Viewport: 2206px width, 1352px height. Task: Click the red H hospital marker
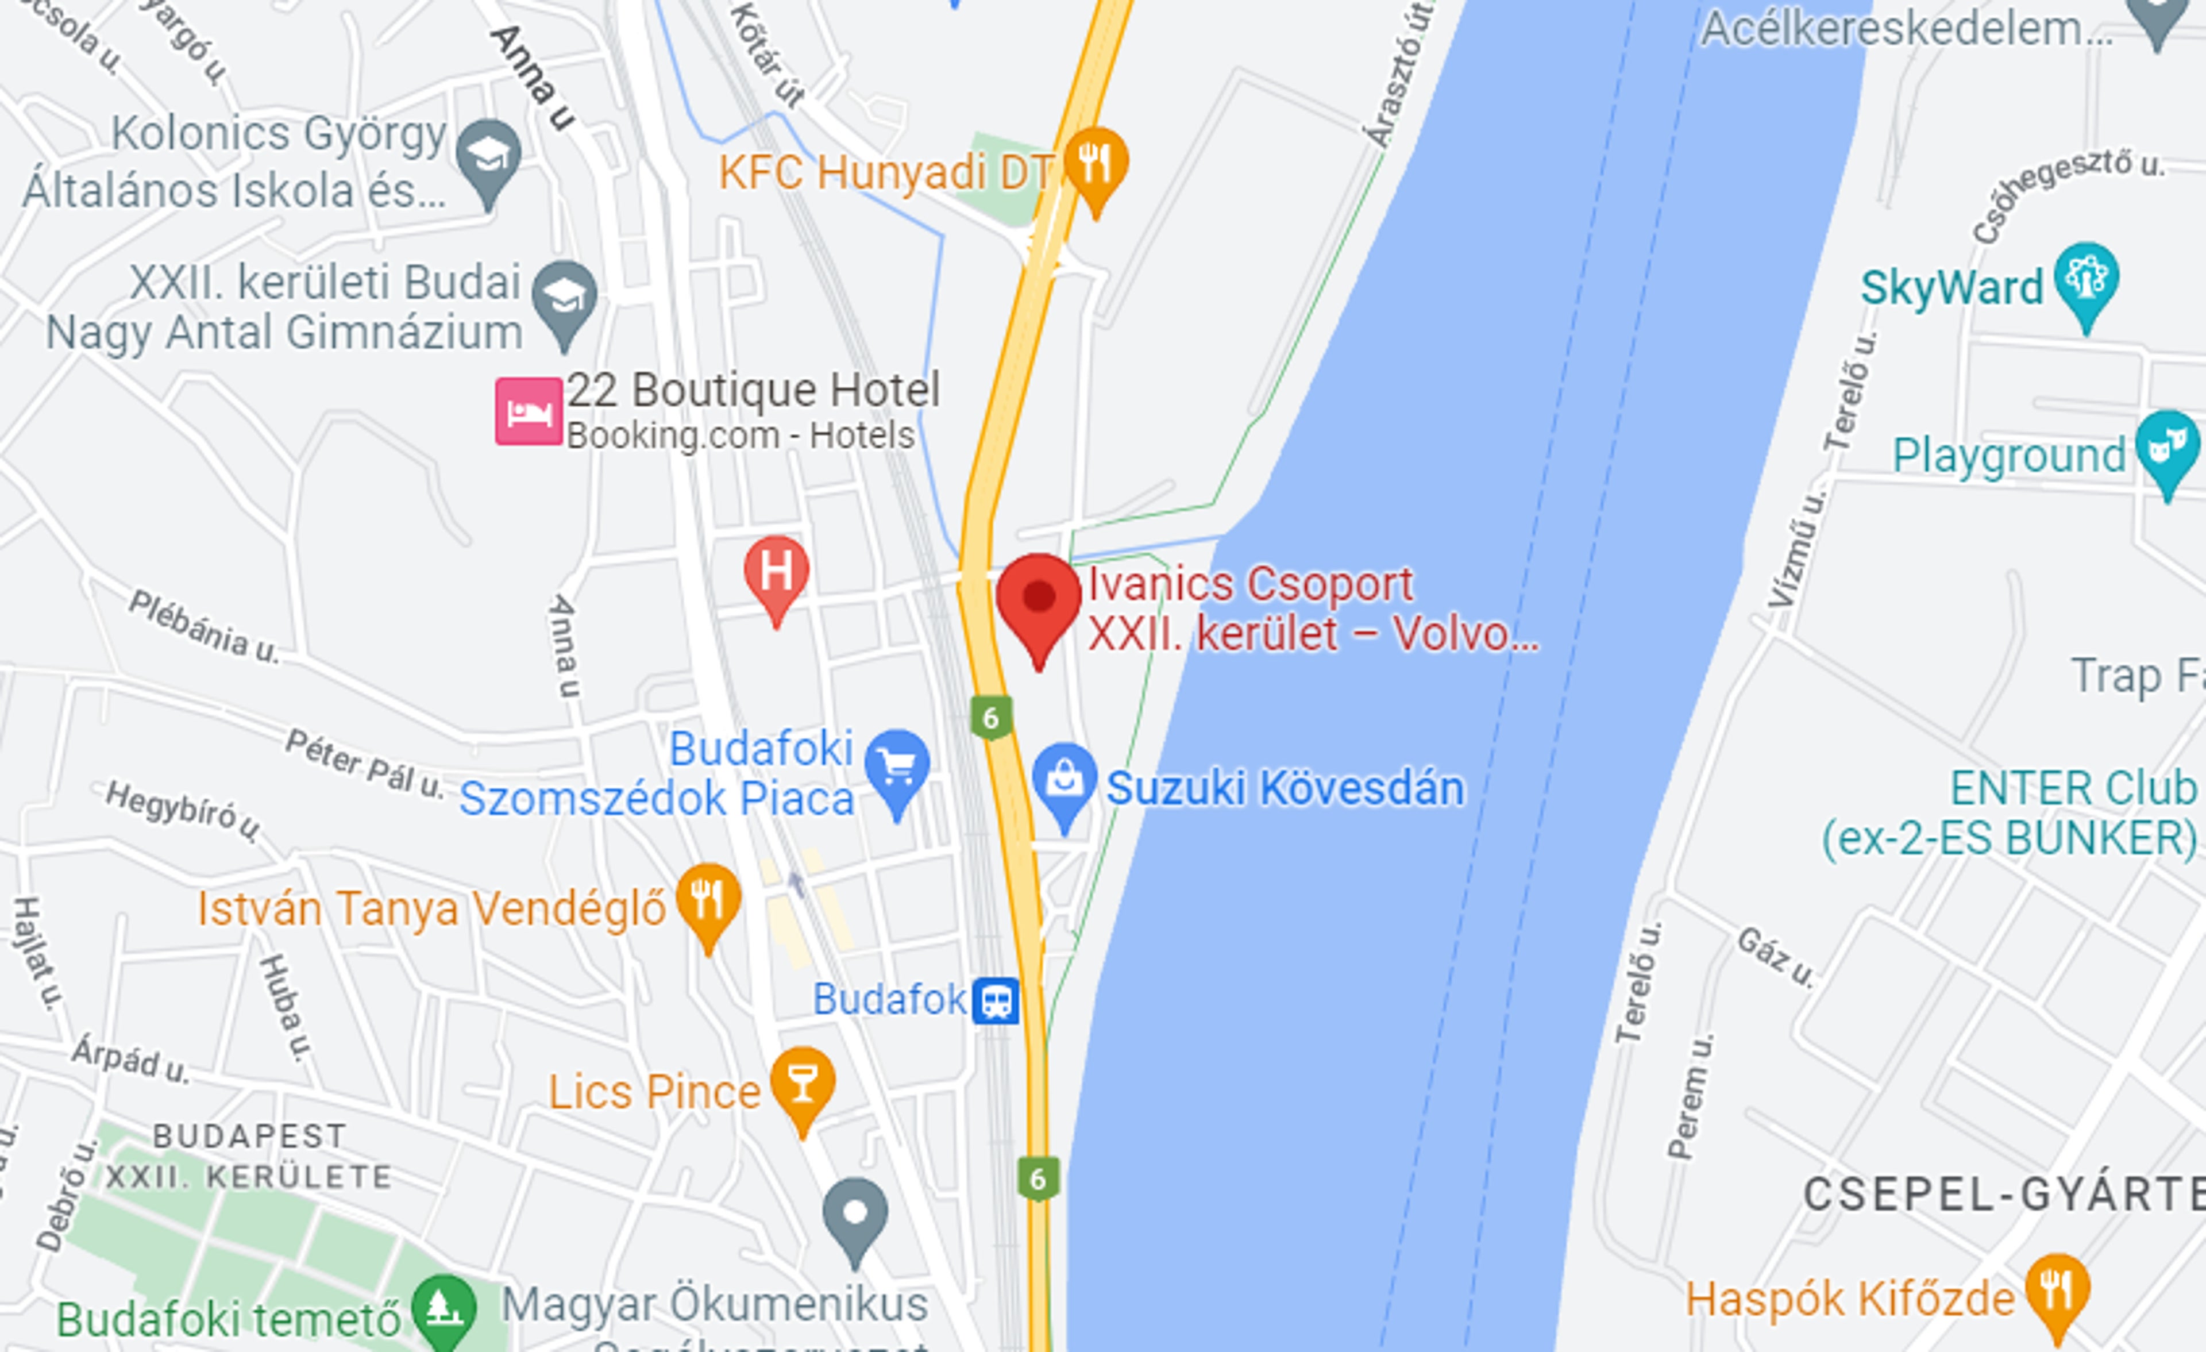click(776, 571)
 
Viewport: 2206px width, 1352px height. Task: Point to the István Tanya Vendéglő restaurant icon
click(708, 899)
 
